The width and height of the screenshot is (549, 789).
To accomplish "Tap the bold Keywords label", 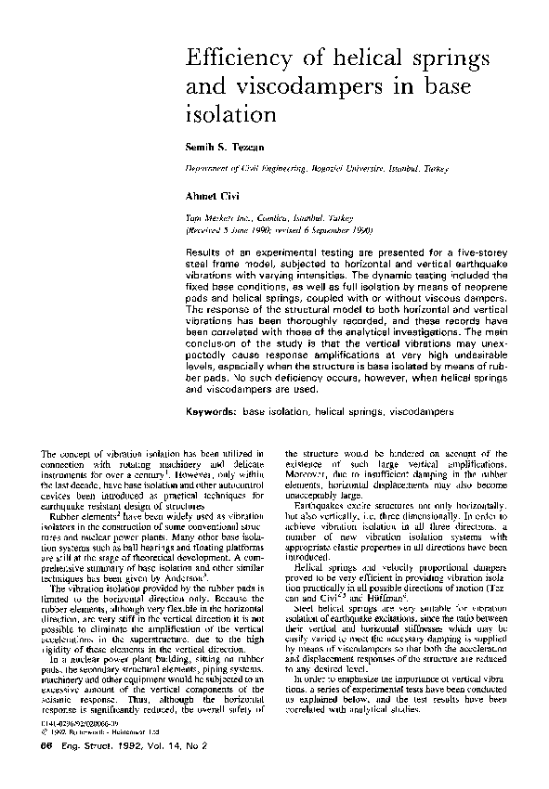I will pyautogui.click(x=213, y=410).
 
